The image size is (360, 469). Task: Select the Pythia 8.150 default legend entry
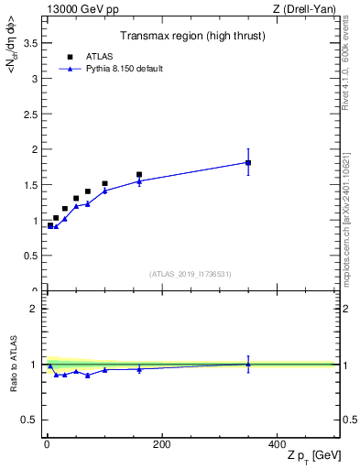[110, 68]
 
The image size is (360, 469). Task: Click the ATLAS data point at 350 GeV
[248, 163]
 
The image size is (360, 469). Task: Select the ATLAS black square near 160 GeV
[139, 174]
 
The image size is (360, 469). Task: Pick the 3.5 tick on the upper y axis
[32, 42]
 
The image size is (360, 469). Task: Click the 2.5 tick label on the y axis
[32, 114]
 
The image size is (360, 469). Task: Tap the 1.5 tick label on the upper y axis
[32, 184]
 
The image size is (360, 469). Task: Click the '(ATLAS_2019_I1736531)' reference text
[191, 274]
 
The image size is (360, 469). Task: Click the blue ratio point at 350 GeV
[248, 364]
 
